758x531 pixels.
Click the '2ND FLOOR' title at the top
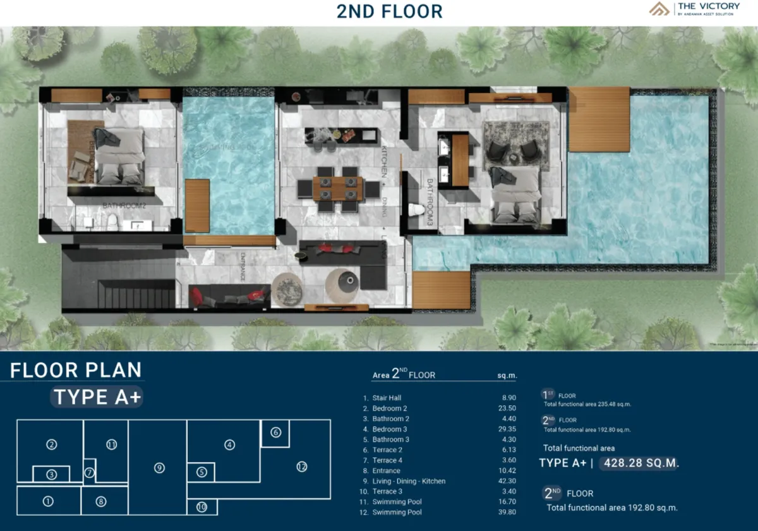(389, 11)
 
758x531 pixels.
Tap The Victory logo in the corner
(695, 9)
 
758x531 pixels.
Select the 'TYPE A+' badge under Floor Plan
(97, 397)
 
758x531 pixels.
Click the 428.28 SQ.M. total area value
(641, 463)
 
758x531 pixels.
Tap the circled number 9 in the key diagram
(159, 468)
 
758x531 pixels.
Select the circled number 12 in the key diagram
(301, 467)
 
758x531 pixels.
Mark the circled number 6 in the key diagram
(275, 432)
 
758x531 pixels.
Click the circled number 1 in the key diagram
(48, 502)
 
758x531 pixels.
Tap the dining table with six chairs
(338, 188)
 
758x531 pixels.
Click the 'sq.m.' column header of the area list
(507, 375)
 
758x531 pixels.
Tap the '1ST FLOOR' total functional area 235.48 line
(587, 403)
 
